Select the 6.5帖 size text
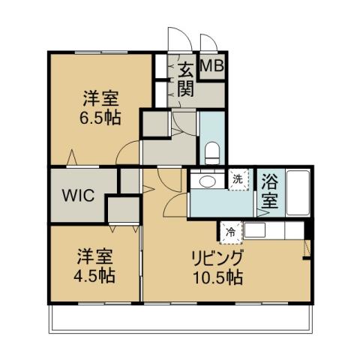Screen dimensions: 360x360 pos(100,117)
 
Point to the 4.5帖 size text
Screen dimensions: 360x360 pos(94,275)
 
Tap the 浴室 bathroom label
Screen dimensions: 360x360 pos(270,190)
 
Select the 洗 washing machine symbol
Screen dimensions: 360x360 pos(238,179)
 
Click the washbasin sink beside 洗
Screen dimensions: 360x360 pos(204,181)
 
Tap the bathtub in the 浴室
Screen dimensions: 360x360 pos(298,193)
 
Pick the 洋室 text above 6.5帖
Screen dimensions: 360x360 pos(100,98)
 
